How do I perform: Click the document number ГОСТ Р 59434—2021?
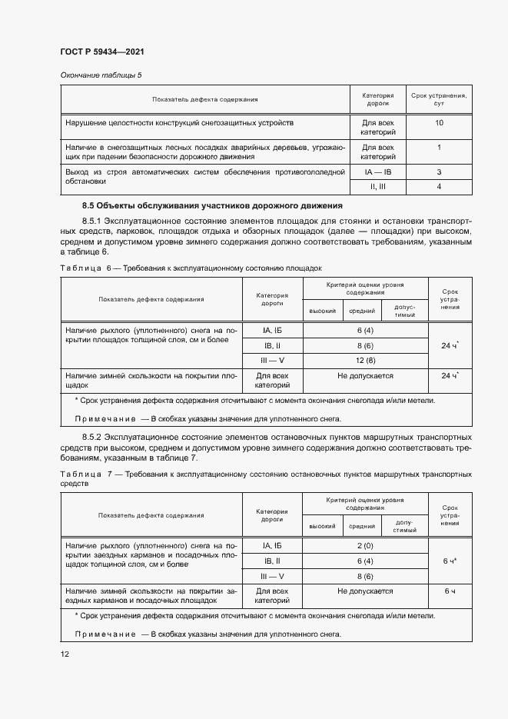[x=102, y=52]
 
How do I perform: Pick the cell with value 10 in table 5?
[x=439, y=123]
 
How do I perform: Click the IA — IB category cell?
[x=377, y=172]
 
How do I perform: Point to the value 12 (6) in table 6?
[x=365, y=361]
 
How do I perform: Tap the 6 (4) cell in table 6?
[x=365, y=330]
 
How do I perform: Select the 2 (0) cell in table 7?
[x=365, y=545]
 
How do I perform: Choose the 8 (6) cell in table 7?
[x=365, y=576]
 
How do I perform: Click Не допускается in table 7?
[x=365, y=591]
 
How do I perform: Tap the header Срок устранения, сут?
[x=439, y=98]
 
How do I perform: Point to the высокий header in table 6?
[x=322, y=311]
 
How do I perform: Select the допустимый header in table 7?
[x=405, y=527]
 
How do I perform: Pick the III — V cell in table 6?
[x=273, y=361]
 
